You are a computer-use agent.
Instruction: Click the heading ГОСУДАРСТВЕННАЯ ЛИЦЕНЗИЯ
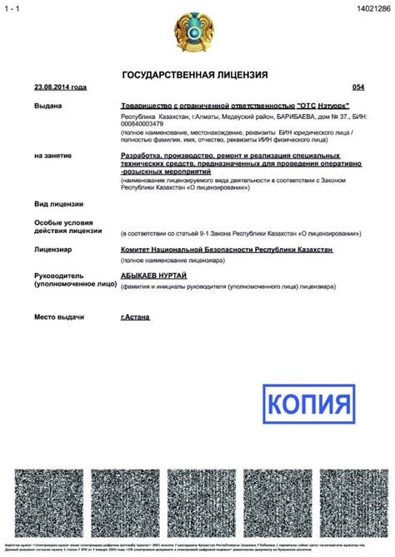[x=195, y=75]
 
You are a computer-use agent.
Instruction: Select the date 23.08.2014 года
[x=60, y=87]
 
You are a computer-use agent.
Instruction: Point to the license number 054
[x=358, y=87]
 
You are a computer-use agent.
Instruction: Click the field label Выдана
[x=48, y=107]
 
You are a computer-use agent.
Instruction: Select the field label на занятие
[x=52, y=156]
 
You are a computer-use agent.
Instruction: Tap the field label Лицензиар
[x=53, y=249]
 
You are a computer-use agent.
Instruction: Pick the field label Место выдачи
[x=61, y=317]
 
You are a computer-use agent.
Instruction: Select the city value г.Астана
[x=136, y=317]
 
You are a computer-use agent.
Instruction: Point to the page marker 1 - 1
[x=14, y=7]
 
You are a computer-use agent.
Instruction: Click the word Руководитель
[x=60, y=276]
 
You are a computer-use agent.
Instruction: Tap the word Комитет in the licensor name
[x=141, y=249]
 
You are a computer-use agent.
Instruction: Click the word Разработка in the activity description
[x=146, y=156]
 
